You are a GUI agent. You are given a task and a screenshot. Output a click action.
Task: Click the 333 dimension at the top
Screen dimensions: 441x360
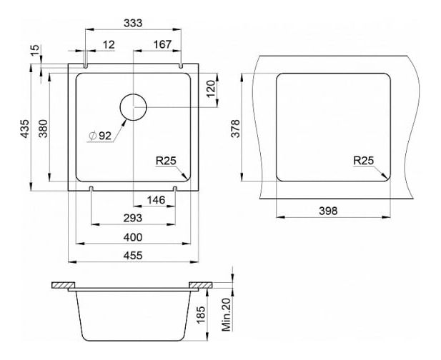[133, 23]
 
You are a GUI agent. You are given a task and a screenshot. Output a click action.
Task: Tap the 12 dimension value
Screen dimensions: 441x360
[109, 45]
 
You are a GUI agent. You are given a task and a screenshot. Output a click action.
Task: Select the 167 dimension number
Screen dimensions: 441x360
[162, 44]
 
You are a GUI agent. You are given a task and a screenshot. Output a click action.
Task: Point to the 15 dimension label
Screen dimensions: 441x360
[35, 50]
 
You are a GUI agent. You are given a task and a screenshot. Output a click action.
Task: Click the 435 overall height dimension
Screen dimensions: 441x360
[25, 129]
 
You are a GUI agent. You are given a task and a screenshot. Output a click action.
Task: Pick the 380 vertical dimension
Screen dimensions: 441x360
[43, 129]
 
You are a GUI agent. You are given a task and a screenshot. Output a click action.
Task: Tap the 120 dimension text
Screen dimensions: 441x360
[211, 89]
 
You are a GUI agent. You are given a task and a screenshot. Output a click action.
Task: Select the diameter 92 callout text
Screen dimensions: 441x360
[100, 136]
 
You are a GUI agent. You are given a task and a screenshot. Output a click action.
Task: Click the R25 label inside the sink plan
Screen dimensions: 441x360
[166, 161]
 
